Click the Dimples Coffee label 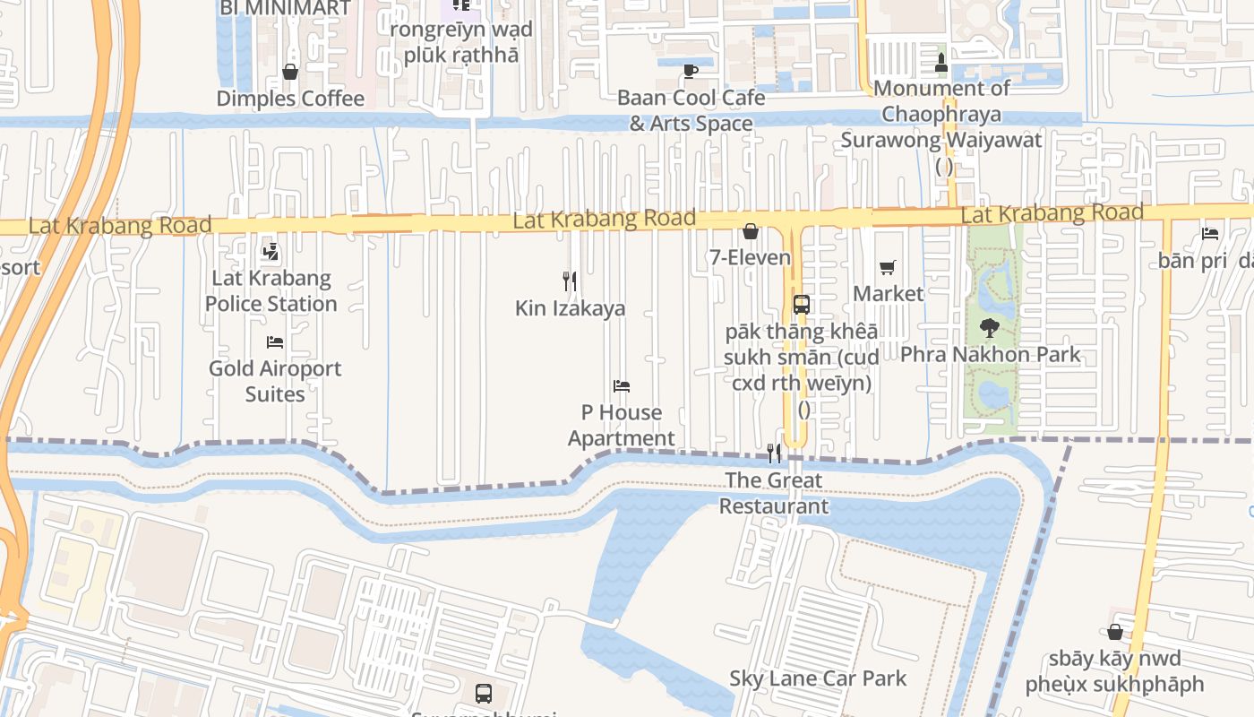coord(290,99)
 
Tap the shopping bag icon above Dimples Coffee coord(289,72)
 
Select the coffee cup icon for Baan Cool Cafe coord(691,71)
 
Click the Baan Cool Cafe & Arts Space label coord(691,110)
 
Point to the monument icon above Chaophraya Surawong coord(941,62)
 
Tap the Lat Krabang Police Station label coord(271,291)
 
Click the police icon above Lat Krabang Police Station coord(271,253)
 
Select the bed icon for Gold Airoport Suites coord(275,342)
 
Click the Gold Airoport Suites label coord(275,381)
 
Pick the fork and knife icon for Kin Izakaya coord(570,281)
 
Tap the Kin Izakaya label coord(570,308)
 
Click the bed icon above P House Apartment coord(622,386)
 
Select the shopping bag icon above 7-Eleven coord(751,232)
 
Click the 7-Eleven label coord(751,258)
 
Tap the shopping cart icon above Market coord(888,267)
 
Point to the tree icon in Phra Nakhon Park coord(990,328)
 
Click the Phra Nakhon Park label coord(990,355)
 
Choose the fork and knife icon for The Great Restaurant coord(774,454)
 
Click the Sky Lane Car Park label coord(818,678)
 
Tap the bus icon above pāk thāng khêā coord(802,305)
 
